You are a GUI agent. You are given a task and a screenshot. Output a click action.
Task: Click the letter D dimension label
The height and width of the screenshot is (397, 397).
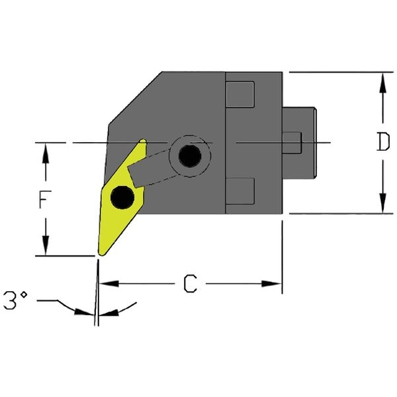tap(382, 143)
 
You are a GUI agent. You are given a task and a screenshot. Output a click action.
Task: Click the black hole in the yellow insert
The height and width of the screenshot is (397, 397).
tap(122, 197)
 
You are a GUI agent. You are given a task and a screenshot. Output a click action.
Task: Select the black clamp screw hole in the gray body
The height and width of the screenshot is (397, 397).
tap(191, 156)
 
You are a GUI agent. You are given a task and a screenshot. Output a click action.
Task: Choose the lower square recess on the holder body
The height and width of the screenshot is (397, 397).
tap(240, 191)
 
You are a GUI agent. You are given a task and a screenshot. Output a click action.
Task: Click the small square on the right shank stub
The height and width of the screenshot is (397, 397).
tap(292, 142)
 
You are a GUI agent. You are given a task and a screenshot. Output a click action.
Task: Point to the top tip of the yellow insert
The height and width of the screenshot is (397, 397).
tap(142, 141)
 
